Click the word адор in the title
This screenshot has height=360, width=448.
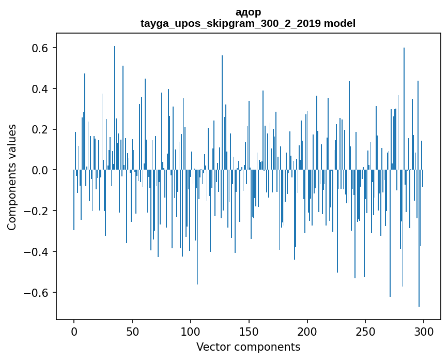(x=248, y=12)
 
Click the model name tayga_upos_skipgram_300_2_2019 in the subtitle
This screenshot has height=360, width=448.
(x=231, y=23)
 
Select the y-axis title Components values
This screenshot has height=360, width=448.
(x=12, y=177)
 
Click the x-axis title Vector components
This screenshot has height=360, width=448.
(x=248, y=347)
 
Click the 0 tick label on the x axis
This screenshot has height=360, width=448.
(x=74, y=331)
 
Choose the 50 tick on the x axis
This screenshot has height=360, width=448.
(x=132, y=331)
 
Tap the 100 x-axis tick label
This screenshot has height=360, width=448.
(x=191, y=331)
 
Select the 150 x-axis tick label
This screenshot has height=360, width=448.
(x=249, y=331)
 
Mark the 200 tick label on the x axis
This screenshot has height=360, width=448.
(x=307, y=331)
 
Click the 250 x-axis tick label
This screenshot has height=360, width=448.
(x=365, y=331)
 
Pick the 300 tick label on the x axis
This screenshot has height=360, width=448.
(x=424, y=331)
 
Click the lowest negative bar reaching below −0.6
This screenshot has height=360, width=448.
(x=419, y=300)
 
